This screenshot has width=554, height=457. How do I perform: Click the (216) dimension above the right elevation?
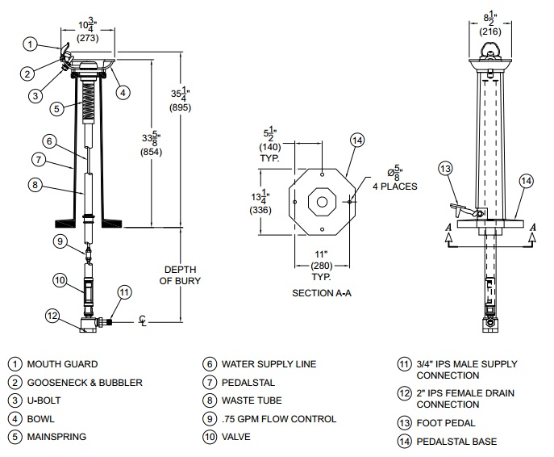pos(491,32)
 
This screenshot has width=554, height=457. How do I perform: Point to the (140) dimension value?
pos(269,149)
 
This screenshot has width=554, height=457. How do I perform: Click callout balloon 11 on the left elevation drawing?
pos(123,291)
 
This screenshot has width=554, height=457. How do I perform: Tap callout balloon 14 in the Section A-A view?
pos(358,140)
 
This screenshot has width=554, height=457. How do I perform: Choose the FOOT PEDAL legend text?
pos(448,422)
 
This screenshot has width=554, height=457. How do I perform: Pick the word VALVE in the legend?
pos(237,438)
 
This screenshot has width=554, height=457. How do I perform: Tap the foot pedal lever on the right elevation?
pos(460,211)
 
